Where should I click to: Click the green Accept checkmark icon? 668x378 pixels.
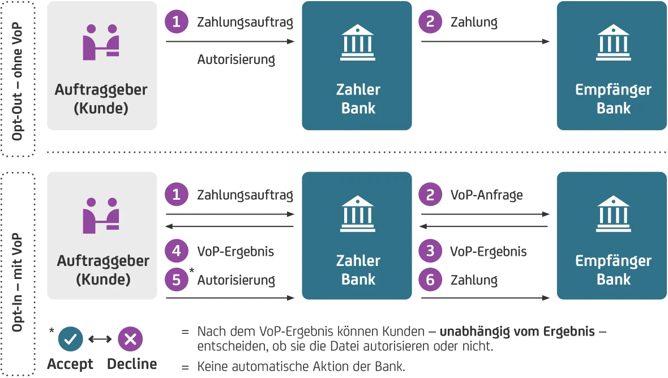(71, 339)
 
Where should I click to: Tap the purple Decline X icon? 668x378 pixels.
(130, 339)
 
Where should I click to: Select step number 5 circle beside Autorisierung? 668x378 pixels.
(176, 280)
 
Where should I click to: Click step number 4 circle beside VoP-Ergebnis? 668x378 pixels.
(176, 251)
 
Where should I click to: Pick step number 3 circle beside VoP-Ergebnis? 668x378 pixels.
(430, 251)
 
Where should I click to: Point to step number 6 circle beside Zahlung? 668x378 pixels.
(430, 280)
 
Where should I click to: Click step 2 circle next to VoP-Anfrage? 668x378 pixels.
(430, 195)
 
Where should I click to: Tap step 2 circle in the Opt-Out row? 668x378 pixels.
(430, 22)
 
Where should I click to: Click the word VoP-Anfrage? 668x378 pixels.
(486, 195)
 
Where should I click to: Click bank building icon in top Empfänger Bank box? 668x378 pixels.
(613, 42)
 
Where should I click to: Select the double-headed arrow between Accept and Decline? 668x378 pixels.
(101, 339)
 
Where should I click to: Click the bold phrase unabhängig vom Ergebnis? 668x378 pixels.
(517, 331)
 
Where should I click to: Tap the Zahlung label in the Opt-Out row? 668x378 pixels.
(474, 23)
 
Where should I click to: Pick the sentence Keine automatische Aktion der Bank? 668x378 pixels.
(301, 366)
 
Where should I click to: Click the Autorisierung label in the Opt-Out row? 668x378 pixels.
(236, 59)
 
